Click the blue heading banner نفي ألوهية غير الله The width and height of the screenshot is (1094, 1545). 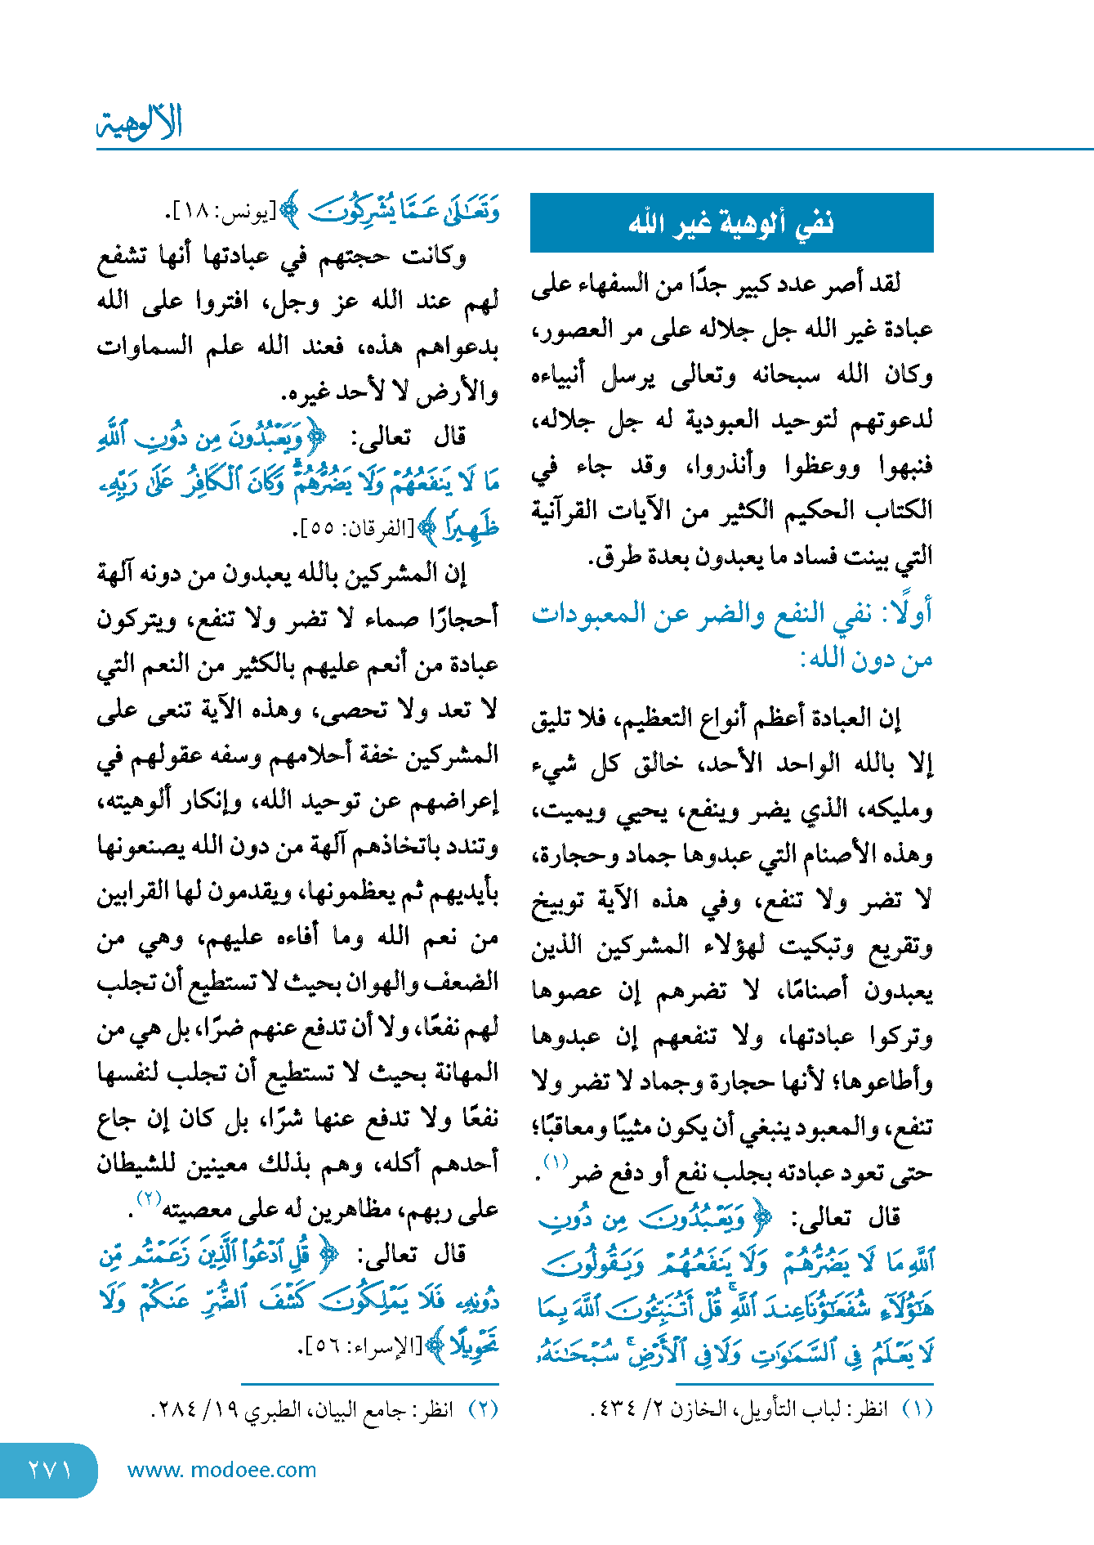click(x=731, y=222)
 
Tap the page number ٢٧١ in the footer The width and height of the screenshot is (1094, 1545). click(x=50, y=1470)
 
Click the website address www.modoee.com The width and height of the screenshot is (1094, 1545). click(x=221, y=1470)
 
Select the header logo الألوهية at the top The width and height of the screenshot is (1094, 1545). click(x=140, y=123)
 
